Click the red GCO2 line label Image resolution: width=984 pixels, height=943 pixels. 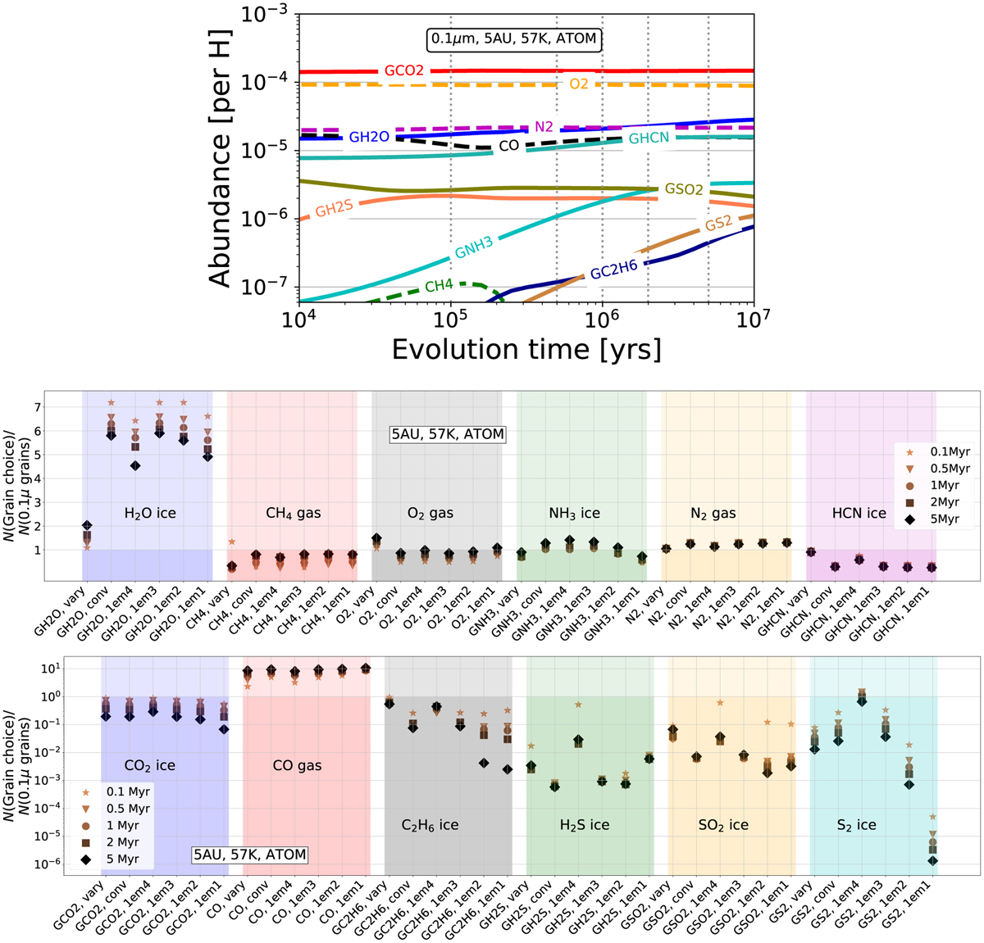tap(404, 71)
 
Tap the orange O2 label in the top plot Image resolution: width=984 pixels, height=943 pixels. tap(579, 84)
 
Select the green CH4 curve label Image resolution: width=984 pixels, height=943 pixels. tap(440, 286)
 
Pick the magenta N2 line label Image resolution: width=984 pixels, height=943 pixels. tap(544, 127)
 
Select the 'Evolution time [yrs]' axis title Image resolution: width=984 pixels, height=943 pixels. tap(526, 349)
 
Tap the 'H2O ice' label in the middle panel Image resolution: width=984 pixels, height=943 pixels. tap(149, 514)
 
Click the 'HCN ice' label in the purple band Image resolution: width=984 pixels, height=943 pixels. tap(859, 514)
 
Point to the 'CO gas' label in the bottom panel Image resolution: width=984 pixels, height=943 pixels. tap(297, 766)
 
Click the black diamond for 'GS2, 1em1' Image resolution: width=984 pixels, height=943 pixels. tap(933, 860)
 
